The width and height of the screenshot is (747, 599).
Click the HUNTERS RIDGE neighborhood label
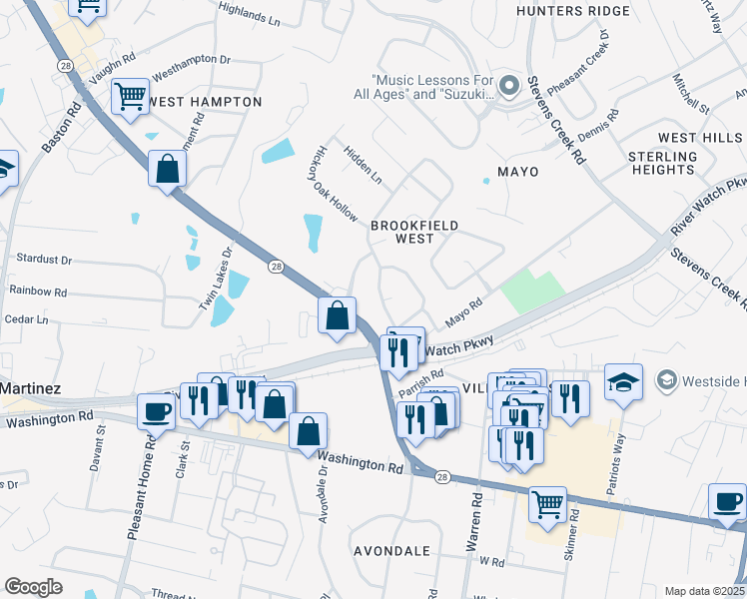[x=573, y=11]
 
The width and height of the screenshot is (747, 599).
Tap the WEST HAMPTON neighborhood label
[x=204, y=102]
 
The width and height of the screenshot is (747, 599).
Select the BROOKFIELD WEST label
[x=414, y=232]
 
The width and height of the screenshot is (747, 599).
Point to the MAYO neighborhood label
[x=517, y=172]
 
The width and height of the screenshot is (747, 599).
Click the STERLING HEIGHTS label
[x=662, y=164]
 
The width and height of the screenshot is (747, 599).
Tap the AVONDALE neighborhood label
[x=391, y=551]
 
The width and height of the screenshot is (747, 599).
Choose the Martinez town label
[x=31, y=387]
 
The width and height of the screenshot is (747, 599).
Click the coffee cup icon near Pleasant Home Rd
[x=157, y=410]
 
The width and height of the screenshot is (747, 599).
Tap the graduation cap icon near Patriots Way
[x=623, y=382]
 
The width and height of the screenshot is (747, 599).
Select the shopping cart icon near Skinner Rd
[x=546, y=503]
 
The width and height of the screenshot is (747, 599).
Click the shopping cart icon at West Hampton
[x=130, y=97]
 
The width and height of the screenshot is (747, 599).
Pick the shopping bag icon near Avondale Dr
[x=309, y=431]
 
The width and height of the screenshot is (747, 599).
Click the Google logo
[x=33, y=587]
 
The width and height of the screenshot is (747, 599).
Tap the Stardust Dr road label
[x=44, y=260]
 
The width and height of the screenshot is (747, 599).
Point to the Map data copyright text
[x=704, y=591]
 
